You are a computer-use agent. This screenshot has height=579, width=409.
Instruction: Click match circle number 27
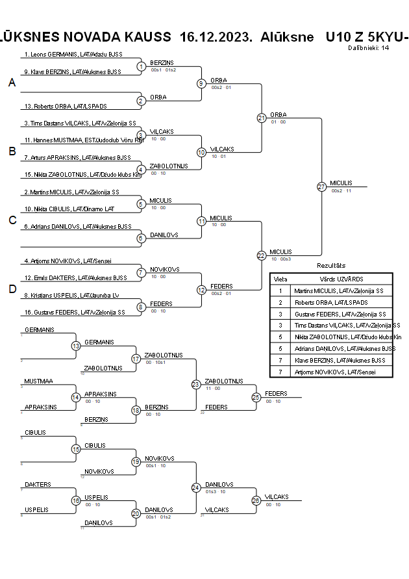tap(321, 187)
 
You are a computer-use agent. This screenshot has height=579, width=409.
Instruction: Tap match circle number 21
tap(262, 118)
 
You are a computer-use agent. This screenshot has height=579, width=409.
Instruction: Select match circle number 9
tap(201, 83)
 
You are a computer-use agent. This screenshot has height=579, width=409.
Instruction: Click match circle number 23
tap(196, 385)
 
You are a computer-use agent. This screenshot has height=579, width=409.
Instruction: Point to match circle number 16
tap(76, 500)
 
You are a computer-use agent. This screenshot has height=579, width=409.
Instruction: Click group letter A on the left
tap(12, 83)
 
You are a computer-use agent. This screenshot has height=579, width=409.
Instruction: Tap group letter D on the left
tap(12, 289)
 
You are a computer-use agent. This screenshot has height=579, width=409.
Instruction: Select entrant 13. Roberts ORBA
tap(66, 106)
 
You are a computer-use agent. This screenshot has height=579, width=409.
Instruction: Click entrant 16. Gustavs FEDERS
tap(74, 313)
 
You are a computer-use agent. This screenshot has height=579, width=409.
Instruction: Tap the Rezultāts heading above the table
tap(331, 266)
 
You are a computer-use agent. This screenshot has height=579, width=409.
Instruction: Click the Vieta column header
tap(280, 278)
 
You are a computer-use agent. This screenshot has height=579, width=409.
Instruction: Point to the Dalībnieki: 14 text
tap(368, 47)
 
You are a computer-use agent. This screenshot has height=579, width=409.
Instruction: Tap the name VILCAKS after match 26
tap(277, 496)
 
